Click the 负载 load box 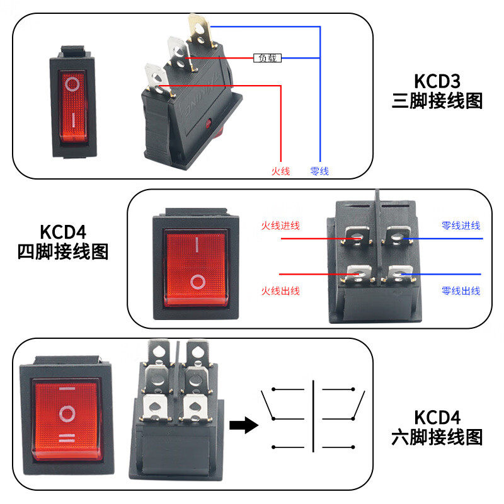267,58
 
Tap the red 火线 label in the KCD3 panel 280,171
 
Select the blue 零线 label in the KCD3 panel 319,171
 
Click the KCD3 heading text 437,81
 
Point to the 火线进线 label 280,226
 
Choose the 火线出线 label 280,291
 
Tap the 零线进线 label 461,226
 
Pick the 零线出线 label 461,291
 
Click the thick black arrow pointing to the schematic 244,425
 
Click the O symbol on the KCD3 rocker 72,84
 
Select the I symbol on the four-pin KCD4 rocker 197,244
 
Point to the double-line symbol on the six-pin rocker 67,438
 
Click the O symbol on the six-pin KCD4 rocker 67,413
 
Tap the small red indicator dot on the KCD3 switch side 209,123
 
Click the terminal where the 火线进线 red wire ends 357,236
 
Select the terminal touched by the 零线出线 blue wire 399,274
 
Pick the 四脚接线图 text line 63,251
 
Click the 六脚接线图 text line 437,437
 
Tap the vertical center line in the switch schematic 313,416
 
